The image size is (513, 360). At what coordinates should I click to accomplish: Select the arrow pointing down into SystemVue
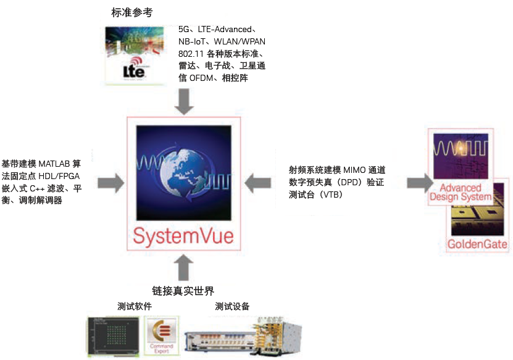pos(183,101)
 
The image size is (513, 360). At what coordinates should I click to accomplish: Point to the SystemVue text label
pos(183,237)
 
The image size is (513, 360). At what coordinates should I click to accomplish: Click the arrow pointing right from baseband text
pos(111,182)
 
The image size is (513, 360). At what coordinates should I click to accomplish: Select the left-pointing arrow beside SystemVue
pos(259,182)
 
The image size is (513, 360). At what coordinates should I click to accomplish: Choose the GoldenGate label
pos(478,244)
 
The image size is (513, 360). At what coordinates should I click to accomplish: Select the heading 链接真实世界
pos(183,290)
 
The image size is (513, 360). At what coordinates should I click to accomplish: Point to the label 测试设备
pos(232,306)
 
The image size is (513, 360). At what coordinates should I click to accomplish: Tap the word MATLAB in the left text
pos(54,164)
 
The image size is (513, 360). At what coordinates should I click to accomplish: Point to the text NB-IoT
pos(191,41)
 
